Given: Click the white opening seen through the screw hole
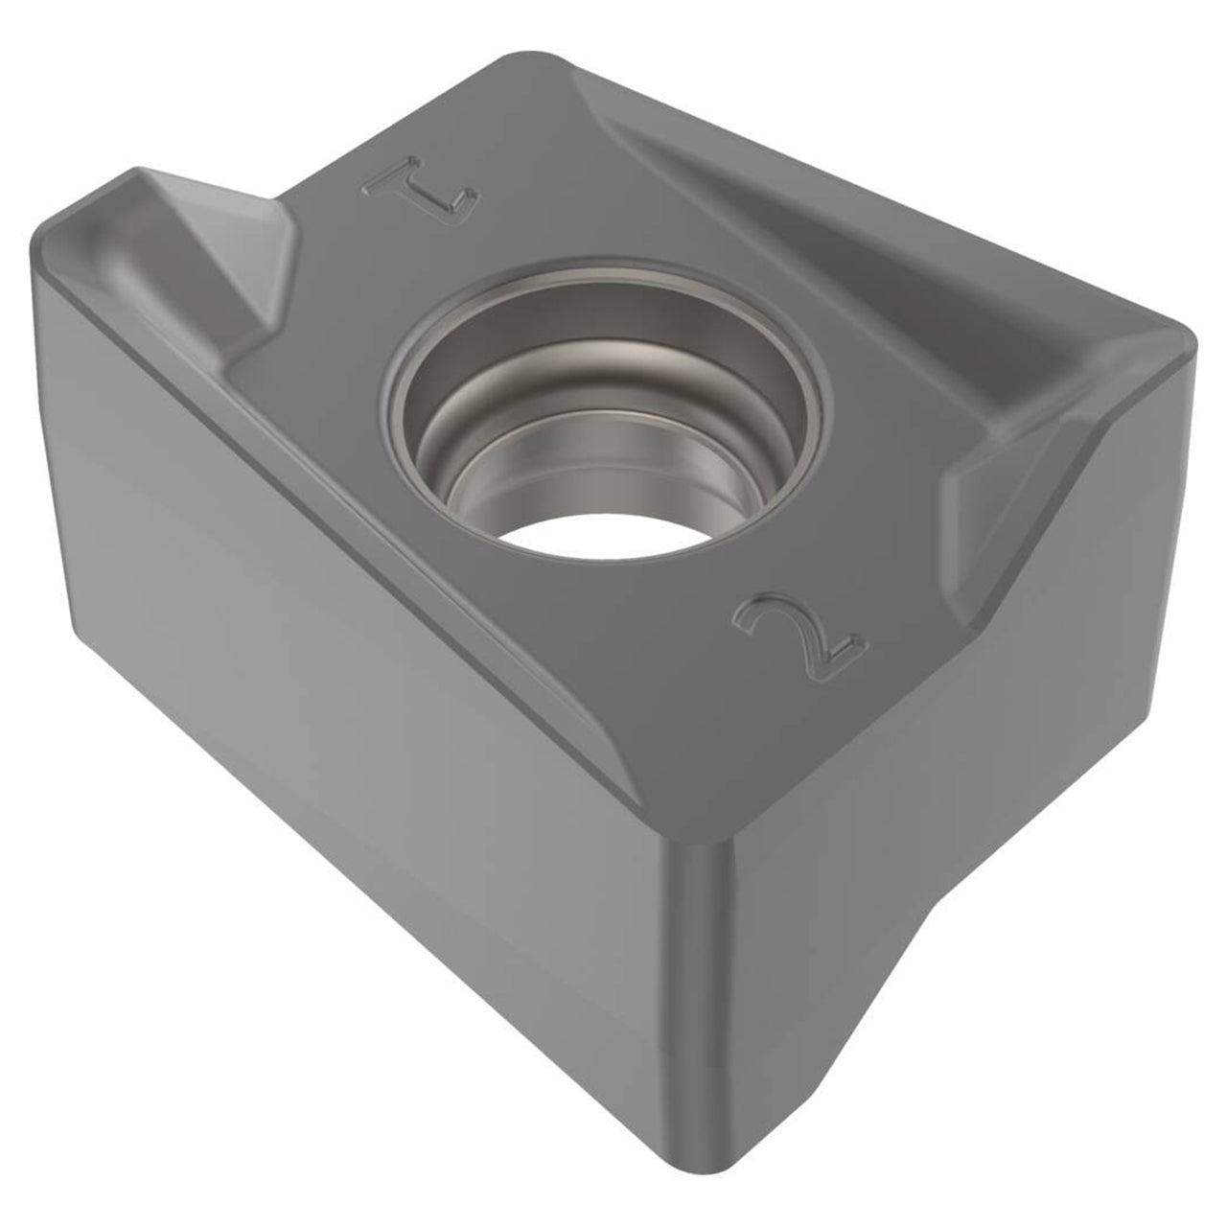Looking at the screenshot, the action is pyautogui.click(x=605, y=539).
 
